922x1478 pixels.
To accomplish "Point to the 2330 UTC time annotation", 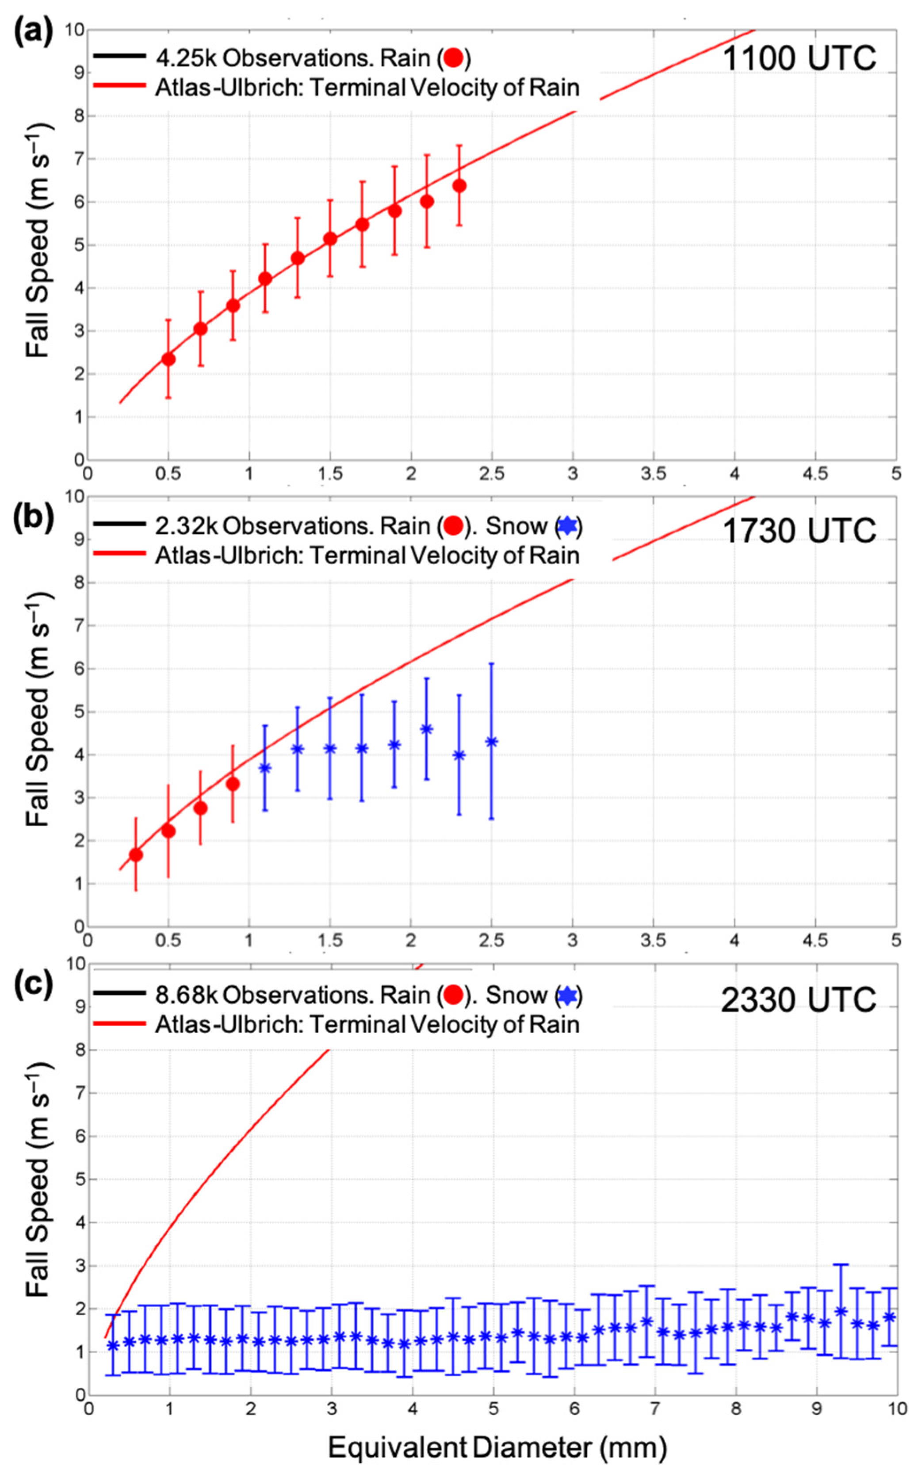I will point(799,1000).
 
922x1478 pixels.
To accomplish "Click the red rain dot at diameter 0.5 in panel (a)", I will point(168,359).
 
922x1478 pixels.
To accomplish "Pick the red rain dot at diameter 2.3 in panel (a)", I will point(459,185).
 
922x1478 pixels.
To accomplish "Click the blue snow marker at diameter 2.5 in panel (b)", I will point(491,742).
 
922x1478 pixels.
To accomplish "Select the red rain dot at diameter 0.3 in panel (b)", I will point(136,855).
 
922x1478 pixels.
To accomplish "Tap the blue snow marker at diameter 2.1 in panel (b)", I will point(427,729).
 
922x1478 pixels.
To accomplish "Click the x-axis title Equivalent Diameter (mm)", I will point(497,1447).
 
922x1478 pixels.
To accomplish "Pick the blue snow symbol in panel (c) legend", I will point(567,996).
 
